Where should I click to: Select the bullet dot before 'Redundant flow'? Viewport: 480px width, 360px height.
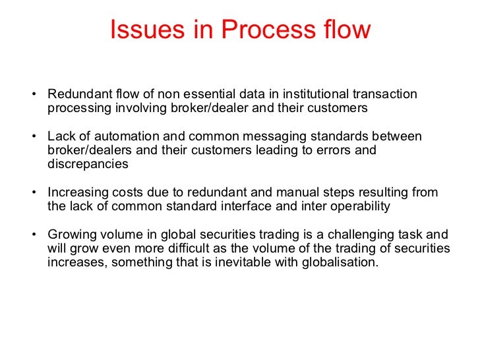[34, 94]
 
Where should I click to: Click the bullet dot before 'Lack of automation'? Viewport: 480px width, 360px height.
[34, 136]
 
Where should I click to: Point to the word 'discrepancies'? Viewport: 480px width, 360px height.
[88, 164]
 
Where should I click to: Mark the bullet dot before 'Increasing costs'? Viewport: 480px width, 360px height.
[34, 192]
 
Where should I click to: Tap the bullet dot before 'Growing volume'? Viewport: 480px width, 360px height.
[34, 234]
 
